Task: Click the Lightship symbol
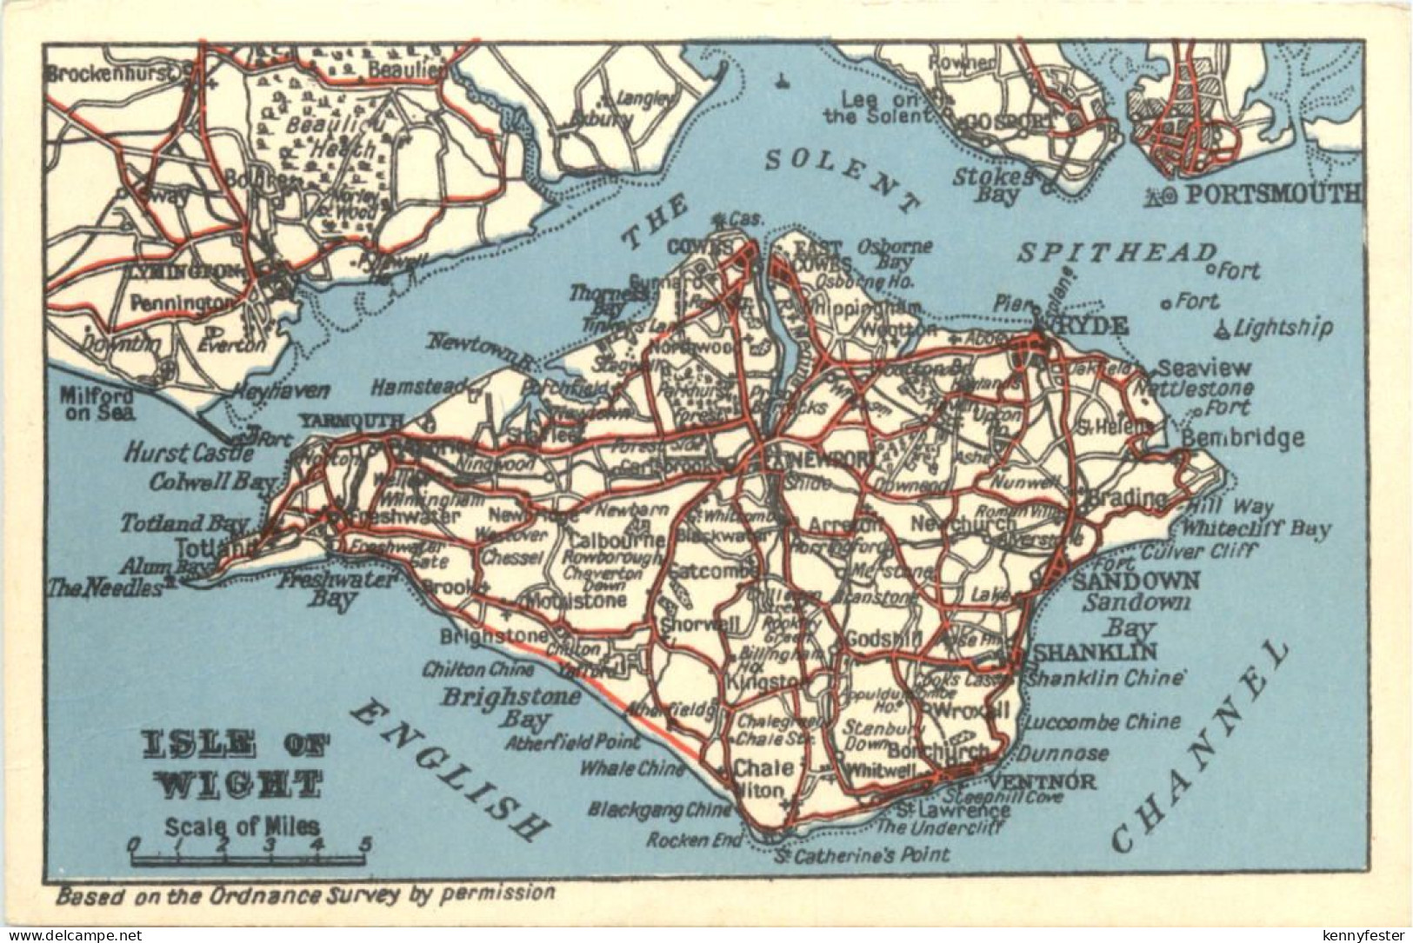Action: [1223, 328]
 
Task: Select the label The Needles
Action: [105, 588]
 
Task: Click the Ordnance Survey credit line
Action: [304, 892]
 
